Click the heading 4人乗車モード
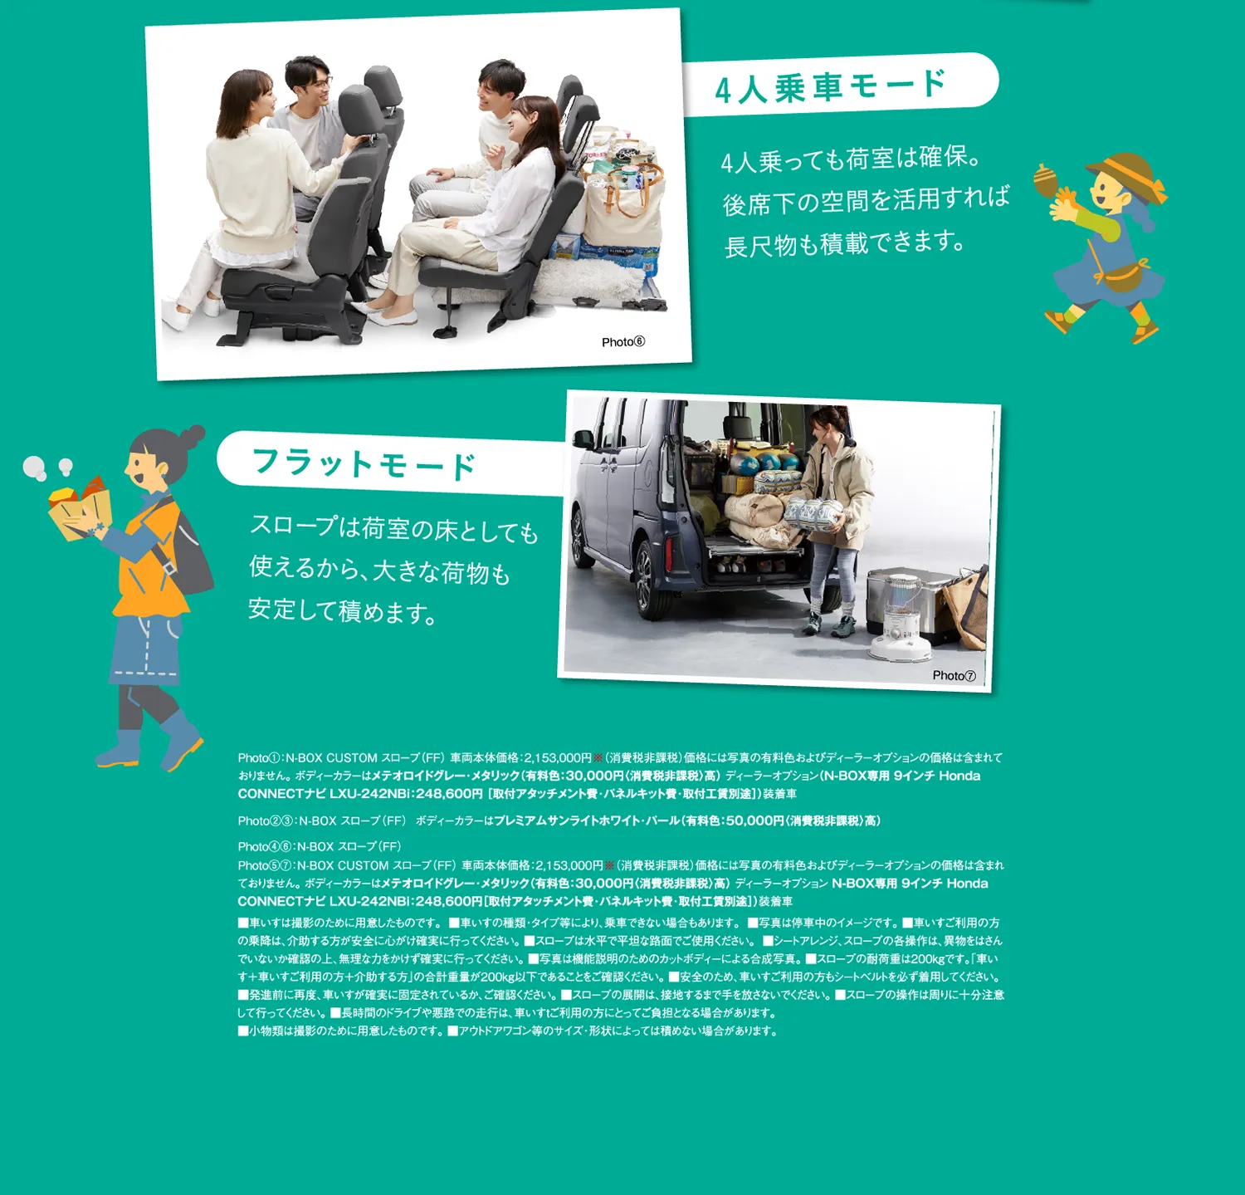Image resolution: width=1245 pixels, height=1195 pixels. click(830, 86)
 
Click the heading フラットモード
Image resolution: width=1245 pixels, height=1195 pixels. click(364, 464)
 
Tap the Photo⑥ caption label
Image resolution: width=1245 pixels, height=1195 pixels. click(623, 342)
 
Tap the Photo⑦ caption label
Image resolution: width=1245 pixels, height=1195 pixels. click(954, 676)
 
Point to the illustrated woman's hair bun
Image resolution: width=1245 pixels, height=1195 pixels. click(193, 435)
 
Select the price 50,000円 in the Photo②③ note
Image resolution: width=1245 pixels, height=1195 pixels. click(755, 820)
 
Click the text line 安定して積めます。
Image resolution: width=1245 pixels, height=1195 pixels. click(343, 611)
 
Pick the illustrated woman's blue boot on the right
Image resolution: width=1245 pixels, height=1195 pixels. click(181, 739)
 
